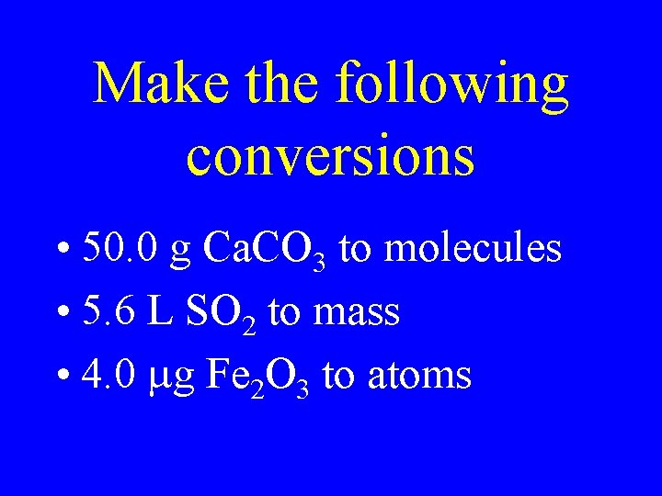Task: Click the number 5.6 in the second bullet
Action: pos(107,311)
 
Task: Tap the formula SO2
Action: pos(224,313)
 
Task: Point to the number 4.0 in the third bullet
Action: pos(108,374)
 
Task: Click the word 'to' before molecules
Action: pos(355,249)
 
